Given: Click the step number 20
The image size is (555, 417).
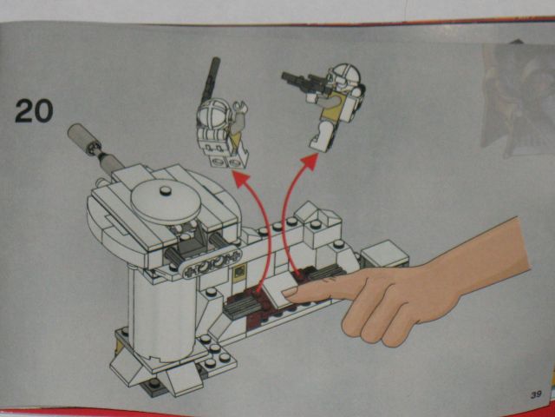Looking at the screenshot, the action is tap(34, 111).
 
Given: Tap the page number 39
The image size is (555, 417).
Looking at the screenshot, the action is tap(536, 394).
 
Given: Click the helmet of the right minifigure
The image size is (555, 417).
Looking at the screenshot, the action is tap(343, 76).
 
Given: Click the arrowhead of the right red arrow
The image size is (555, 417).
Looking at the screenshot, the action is tap(310, 162).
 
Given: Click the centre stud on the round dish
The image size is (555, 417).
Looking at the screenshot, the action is tap(165, 191).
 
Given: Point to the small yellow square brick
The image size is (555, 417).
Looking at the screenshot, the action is tap(239, 273).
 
